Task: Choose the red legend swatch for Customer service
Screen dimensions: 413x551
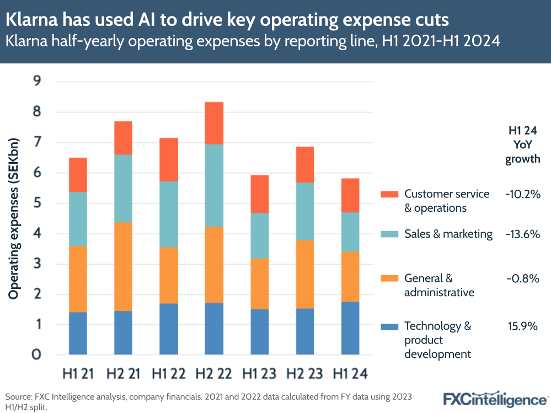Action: coord(389,194)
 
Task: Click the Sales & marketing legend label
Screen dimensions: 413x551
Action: coord(448,234)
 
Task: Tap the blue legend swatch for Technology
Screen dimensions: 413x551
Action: coord(389,326)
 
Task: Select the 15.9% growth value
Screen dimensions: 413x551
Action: coord(522,326)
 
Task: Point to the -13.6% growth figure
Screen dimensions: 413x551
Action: coord(522,234)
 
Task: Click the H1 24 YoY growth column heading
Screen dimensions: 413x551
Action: coord(523,146)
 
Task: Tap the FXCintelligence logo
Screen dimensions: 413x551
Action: coord(495,398)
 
